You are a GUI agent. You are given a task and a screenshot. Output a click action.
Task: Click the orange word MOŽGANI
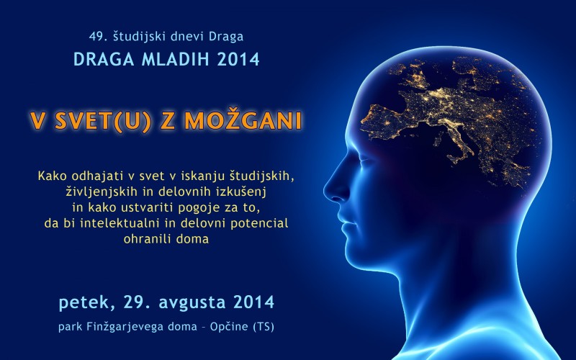(x=243, y=120)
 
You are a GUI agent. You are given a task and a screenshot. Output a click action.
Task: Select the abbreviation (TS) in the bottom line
(x=264, y=327)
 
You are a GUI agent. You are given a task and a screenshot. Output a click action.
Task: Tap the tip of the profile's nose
(x=325, y=190)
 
